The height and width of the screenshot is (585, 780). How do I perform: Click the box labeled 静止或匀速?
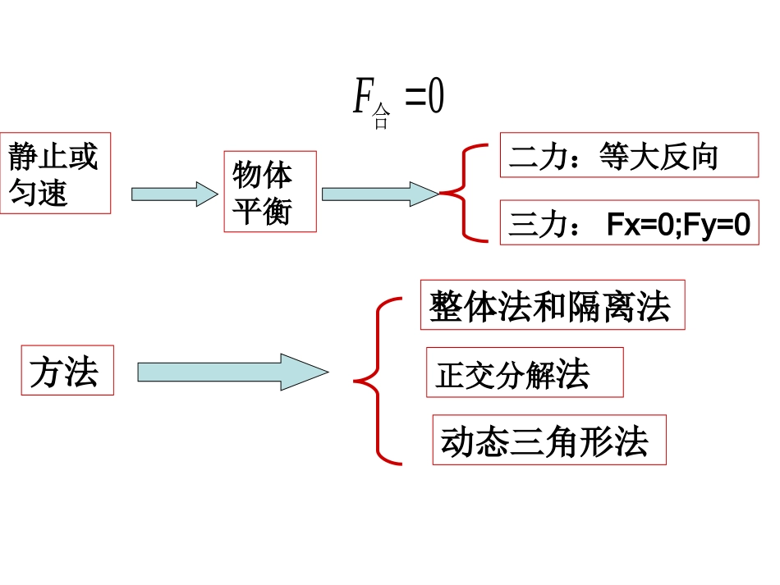55,173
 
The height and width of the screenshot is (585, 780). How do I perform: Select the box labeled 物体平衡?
270,191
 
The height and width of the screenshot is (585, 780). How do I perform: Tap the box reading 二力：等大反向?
629,154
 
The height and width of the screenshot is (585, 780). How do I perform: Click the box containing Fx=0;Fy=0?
629,222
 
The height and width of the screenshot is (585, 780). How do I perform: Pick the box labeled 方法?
67,371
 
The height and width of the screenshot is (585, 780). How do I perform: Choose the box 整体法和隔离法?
552,305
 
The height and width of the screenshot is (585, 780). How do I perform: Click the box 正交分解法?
525,372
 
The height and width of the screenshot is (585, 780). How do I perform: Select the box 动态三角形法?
548,440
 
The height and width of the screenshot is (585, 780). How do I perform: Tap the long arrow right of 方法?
232,372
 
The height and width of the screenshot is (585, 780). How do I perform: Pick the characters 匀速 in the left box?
39,193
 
